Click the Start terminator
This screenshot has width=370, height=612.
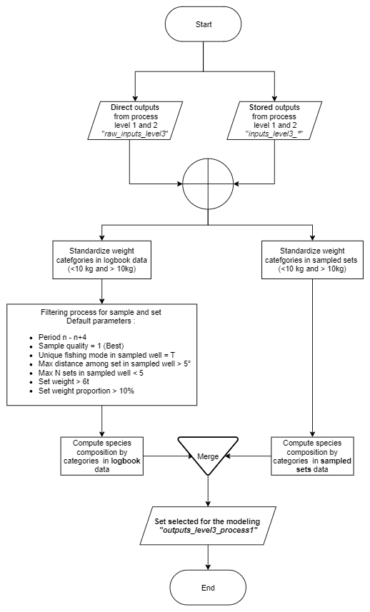coord(204,24)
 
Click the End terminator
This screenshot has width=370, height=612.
coord(208,588)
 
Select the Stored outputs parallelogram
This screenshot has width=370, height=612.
coord(274,121)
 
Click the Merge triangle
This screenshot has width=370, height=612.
coord(208,455)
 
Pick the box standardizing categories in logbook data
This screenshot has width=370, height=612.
coord(102,259)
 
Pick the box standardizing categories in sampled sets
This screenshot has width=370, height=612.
coord(312,259)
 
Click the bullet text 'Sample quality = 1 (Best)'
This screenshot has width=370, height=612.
coord(81,346)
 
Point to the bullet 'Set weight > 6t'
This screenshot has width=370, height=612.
coord(64,382)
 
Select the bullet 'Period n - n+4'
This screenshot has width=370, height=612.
coord(62,337)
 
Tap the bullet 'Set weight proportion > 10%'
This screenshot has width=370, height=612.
coord(86,391)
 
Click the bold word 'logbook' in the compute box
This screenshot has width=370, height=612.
coord(125,461)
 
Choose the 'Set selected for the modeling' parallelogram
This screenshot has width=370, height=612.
coord(208,526)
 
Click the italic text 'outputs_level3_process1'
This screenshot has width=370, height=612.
coord(209,531)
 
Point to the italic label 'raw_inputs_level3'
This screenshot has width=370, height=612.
coord(135,134)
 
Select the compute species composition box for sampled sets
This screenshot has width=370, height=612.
coord(312,456)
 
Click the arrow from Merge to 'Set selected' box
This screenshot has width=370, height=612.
coord(208,491)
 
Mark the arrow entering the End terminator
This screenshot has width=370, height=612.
coord(208,557)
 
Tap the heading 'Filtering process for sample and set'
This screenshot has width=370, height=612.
coord(101,312)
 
